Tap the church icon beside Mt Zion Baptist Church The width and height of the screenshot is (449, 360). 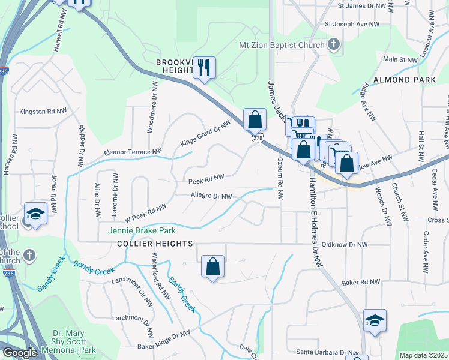coord(334,44)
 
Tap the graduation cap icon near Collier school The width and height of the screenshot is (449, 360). coord(35,214)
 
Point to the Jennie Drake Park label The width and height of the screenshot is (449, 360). coord(142,230)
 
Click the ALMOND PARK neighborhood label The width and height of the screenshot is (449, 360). coord(405,80)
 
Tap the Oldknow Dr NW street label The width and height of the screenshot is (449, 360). coord(344,245)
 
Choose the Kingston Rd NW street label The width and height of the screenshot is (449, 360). coord(43,112)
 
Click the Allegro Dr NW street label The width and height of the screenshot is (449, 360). coord(211,196)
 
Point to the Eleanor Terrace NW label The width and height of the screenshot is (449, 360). coord(133,152)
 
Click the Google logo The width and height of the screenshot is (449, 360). coord(19,353)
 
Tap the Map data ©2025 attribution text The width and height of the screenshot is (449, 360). coord(423,355)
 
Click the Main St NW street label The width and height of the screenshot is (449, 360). coord(400,60)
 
